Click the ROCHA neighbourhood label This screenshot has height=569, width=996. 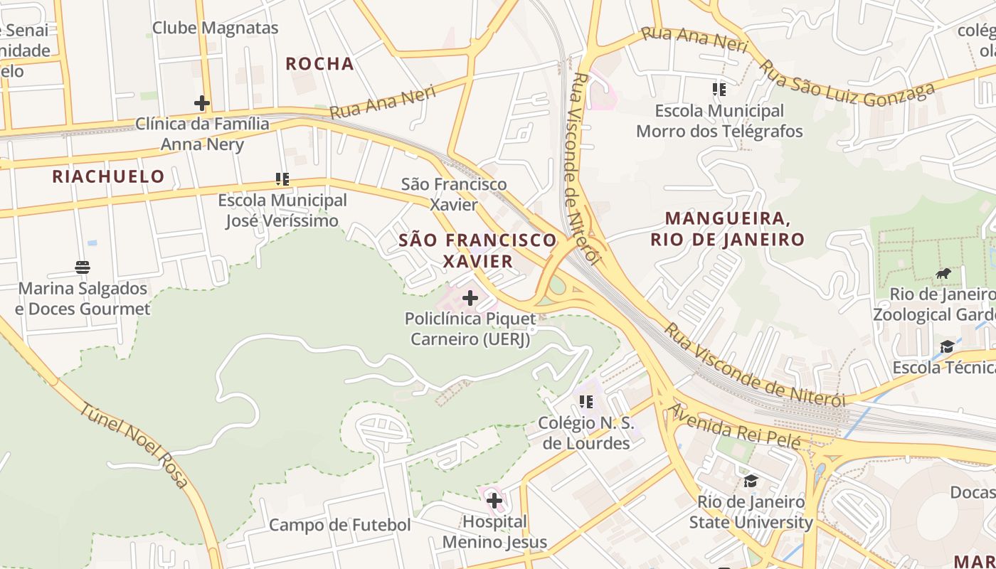tap(319, 64)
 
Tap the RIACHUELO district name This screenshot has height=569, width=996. tap(108, 176)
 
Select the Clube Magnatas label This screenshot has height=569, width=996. tap(215, 28)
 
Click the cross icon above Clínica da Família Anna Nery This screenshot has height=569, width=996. tap(202, 103)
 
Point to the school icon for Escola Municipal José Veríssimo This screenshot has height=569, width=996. tap(282, 179)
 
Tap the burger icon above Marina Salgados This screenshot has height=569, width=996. tap(83, 267)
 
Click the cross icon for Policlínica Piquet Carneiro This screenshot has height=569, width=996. tap(470, 298)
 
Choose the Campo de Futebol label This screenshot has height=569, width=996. tap(339, 526)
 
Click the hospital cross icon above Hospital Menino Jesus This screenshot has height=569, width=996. tap(494, 501)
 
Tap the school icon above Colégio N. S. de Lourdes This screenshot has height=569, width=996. tap(586, 402)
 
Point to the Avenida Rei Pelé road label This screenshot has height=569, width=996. tap(735, 427)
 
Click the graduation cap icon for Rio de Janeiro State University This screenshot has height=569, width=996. tap(751, 482)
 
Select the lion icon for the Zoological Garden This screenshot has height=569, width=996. tap(943, 274)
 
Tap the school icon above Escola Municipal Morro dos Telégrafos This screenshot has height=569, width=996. tap(719, 90)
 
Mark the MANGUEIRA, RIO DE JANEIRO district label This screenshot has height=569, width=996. tap(727, 228)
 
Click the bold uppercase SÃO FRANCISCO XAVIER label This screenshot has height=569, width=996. tap(477, 250)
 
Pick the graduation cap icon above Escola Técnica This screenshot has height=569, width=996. tap(947, 346)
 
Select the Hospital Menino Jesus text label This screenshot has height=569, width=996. tap(494, 532)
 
